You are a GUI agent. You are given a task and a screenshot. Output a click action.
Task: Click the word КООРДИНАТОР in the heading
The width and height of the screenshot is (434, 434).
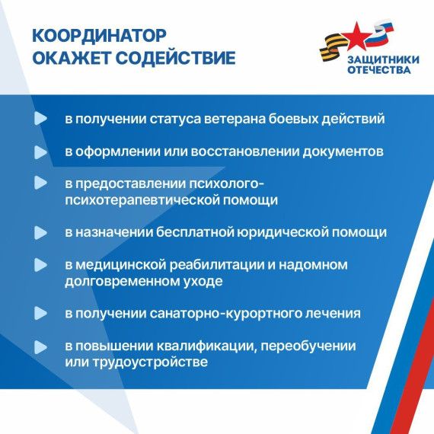(x=99, y=37)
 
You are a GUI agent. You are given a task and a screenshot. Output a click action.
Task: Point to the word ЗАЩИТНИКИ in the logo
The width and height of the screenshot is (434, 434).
(x=378, y=59)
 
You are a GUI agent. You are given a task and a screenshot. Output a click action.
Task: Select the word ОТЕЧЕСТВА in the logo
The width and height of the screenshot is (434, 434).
(x=378, y=70)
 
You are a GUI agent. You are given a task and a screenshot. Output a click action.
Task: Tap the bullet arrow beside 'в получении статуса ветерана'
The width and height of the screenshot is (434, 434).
(x=40, y=120)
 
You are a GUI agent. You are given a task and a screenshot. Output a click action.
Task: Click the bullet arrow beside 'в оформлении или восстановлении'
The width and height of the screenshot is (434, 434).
(x=40, y=152)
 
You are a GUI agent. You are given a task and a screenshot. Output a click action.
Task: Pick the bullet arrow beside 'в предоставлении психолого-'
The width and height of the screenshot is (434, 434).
(x=40, y=183)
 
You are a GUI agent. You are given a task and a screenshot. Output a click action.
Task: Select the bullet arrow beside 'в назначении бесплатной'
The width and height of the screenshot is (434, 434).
(x=40, y=232)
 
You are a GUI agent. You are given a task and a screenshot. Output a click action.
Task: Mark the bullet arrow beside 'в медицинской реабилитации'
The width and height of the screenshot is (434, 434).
(x=40, y=265)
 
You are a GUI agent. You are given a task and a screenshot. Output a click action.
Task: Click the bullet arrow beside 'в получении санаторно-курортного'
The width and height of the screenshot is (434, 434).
(x=40, y=314)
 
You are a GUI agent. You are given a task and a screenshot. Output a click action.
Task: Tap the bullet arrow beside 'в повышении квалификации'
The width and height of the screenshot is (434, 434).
(x=40, y=346)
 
